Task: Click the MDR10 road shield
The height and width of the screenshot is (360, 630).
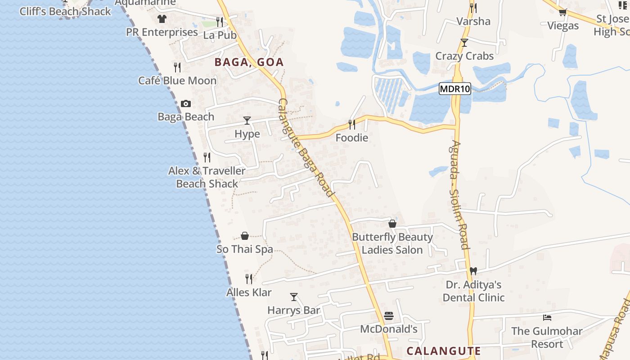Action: pos(454,89)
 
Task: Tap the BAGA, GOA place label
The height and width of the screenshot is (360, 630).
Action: pos(249,62)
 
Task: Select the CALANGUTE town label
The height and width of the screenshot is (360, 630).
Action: pos(443,351)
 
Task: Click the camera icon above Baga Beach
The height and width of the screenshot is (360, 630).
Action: pos(185,104)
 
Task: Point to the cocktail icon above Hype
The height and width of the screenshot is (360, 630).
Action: pos(247,121)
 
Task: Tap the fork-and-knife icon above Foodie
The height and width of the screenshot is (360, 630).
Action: pos(352,124)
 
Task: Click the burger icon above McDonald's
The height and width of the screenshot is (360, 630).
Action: pos(389,316)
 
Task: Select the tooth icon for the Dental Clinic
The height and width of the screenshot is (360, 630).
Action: pos(473,271)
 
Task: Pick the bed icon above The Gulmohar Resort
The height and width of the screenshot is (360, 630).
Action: pos(547,318)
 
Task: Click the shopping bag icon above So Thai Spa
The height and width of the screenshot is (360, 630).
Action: pos(245,236)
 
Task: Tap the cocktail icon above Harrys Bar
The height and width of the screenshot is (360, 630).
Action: pos(294,297)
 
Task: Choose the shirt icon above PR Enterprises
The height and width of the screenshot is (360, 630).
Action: pos(162,19)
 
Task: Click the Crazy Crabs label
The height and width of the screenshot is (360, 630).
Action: pos(464,56)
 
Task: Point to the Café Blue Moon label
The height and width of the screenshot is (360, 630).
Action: pos(177,81)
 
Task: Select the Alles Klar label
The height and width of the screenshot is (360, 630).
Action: pos(249,292)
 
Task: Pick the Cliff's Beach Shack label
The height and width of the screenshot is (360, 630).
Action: pos(65,12)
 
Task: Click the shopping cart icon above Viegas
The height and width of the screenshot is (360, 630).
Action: pos(562,13)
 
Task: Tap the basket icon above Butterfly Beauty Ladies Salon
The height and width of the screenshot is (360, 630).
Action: pos(392,224)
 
